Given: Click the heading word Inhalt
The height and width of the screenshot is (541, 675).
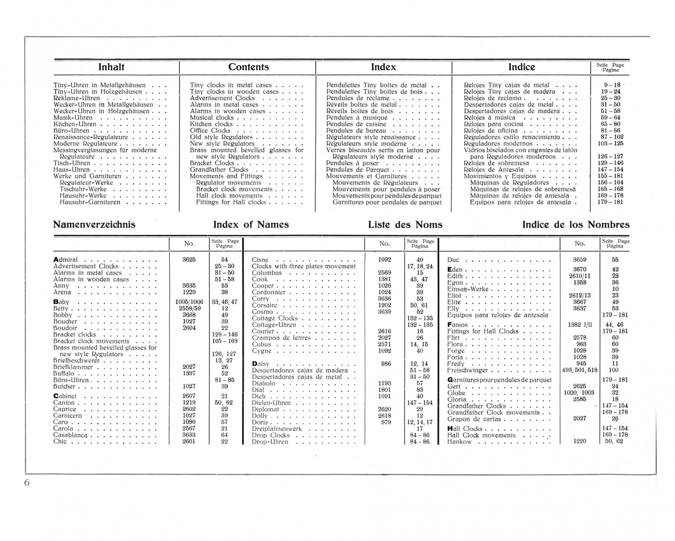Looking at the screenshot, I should pos(111,67).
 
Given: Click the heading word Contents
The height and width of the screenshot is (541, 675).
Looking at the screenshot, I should pos(248,67).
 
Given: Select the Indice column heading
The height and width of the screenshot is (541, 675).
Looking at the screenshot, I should pos(521,67).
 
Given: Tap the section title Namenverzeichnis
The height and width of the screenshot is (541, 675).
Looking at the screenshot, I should pos(94,224).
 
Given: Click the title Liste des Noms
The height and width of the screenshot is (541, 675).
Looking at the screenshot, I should pos(405,225).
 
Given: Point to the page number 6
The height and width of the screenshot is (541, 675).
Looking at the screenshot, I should pos(27,484).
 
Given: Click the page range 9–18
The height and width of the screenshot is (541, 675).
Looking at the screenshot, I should pos(612,85).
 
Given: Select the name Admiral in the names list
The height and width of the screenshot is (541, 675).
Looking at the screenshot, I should pos(66,260).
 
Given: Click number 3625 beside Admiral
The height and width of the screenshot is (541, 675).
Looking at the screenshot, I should pos(189,260).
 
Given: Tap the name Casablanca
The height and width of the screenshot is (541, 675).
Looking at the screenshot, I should pos(73,436).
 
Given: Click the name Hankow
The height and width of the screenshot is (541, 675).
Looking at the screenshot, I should pos(459,442).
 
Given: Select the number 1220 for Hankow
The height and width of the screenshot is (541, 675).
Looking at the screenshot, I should pos(580,441).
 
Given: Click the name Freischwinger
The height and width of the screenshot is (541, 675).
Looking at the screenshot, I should pos(467,370).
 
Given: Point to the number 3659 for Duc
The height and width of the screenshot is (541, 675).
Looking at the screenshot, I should pos(580,260).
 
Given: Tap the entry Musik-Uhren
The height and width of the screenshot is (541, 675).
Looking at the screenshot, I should pos(73,117).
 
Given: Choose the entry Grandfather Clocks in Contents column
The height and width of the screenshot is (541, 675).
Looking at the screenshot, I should pos(219,170).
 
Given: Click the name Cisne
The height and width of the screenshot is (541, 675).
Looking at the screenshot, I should pos(261,260).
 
